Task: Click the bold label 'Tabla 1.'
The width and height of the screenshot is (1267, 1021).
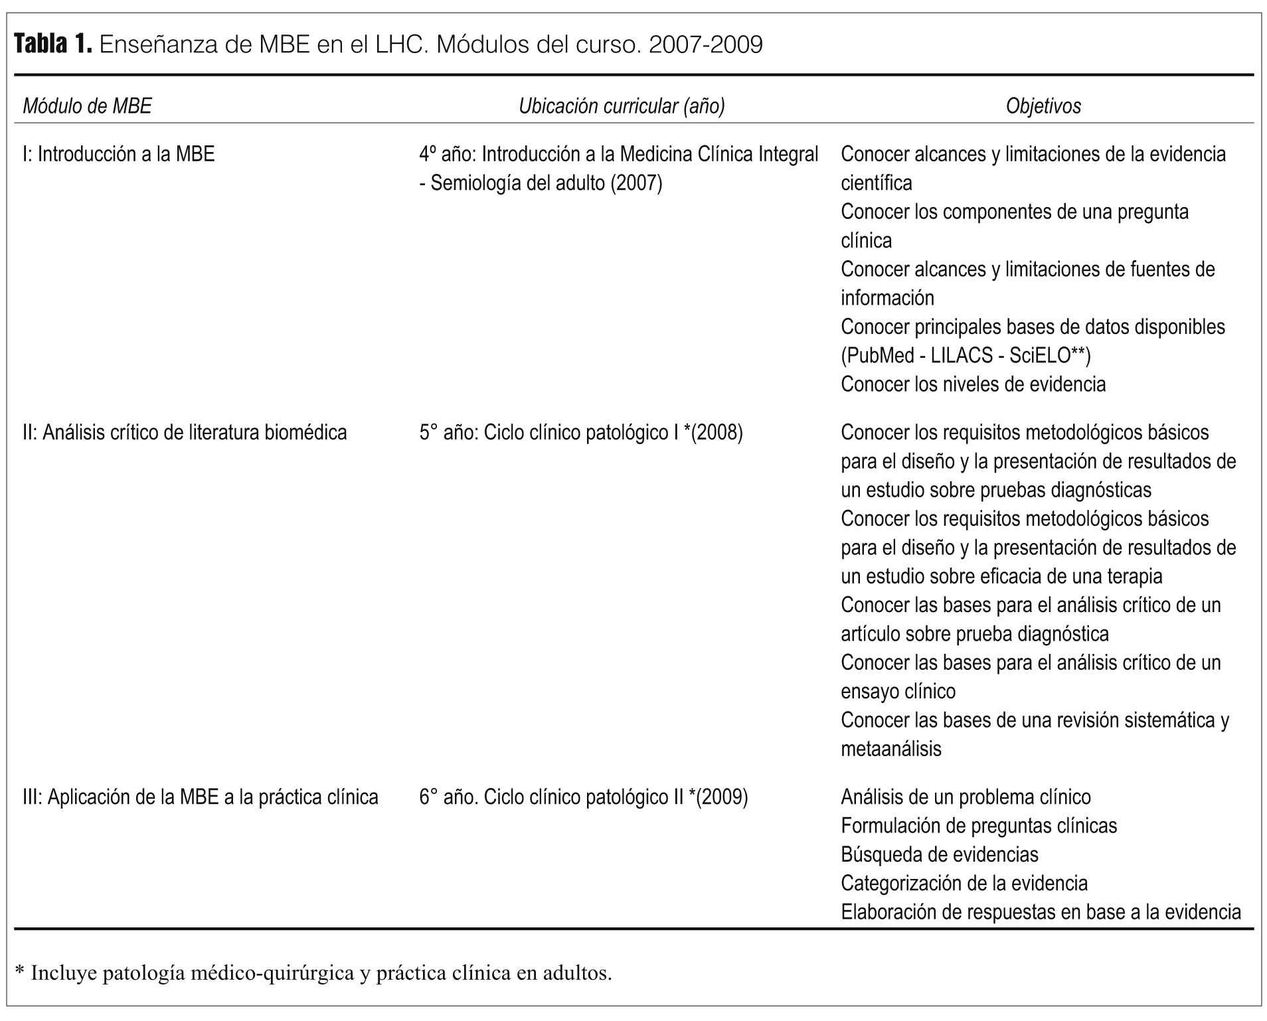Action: [x=52, y=44]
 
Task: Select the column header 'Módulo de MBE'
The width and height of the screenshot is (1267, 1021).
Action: [x=87, y=106]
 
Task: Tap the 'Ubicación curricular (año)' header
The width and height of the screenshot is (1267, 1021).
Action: [x=622, y=106]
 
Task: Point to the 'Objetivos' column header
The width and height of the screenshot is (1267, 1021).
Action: [x=1043, y=106]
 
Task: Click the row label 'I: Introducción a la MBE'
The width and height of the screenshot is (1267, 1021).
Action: [x=118, y=154]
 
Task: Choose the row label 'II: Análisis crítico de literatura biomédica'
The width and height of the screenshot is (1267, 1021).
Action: [x=185, y=432]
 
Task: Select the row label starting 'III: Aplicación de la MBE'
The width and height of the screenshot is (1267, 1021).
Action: [x=200, y=797]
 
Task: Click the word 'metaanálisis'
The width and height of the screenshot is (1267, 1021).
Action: [x=890, y=749]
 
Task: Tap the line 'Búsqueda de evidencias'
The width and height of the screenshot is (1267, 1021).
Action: [x=939, y=854]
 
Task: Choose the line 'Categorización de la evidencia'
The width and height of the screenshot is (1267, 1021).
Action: [x=964, y=883]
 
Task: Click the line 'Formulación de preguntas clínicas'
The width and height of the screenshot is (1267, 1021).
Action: [x=979, y=826]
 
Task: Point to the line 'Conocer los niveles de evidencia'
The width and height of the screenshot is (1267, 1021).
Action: [x=973, y=384]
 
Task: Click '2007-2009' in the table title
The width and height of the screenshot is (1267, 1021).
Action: [x=705, y=44]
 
